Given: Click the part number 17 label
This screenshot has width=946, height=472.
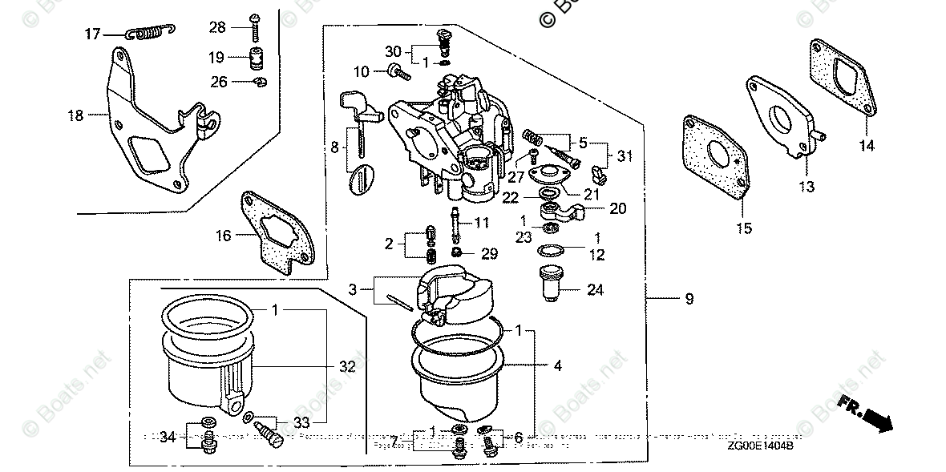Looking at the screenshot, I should pyautogui.click(x=93, y=33).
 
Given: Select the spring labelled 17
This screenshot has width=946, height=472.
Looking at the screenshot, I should pyautogui.click(x=150, y=32).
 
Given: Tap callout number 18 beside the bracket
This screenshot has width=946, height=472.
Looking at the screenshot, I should pyautogui.click(x=75, y=115).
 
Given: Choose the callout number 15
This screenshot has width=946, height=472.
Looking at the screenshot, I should pyautogui.click(x=743, y=228).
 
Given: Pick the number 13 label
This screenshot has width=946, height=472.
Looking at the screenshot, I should pyautogui.click(x=806, y=187).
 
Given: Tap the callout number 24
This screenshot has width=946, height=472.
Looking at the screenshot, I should pyautogui.click(x=594, y=290).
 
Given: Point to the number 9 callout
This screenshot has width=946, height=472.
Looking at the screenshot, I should pyautogui.click(x=689, y=299).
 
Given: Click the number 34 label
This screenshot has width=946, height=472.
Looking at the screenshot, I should pyautogui.click(x=167, y=437).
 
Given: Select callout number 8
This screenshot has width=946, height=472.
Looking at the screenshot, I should pyautogui.click(x=334, y=147).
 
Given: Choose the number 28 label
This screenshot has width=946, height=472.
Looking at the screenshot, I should pyautogui.click(x=217, y=28).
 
